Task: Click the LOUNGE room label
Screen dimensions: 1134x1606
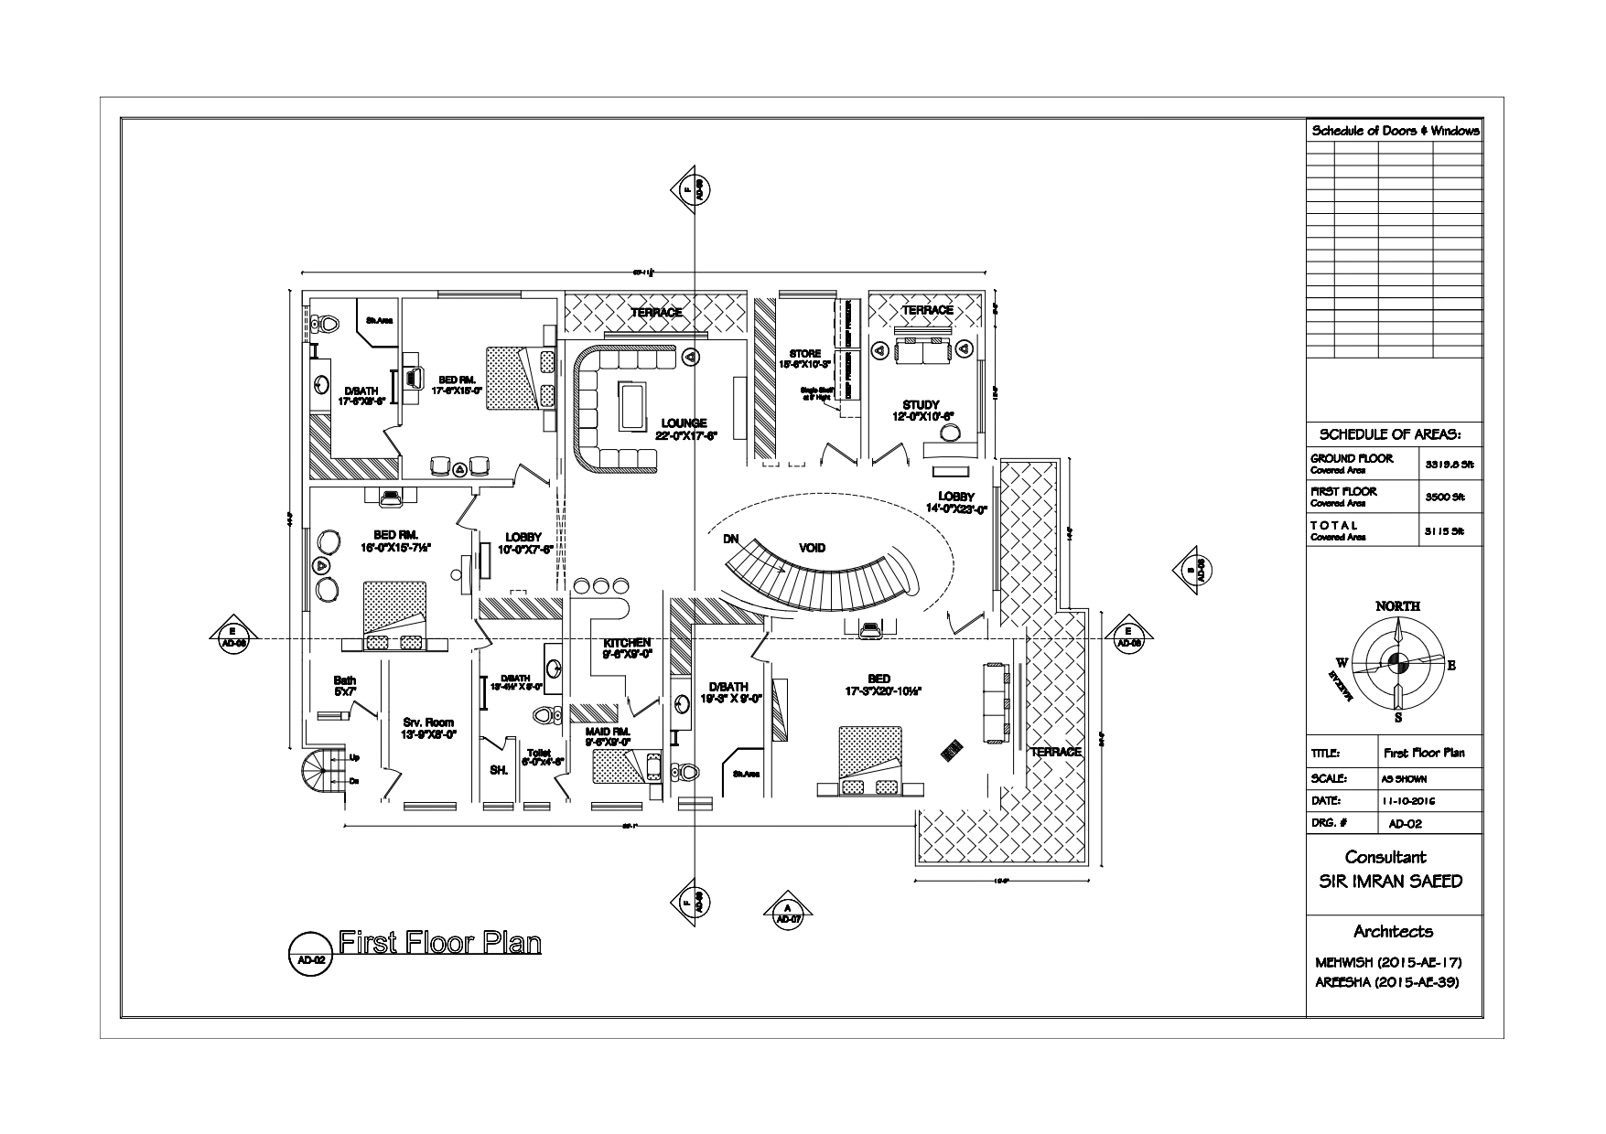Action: (x=684, y=423)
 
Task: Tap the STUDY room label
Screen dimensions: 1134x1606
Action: (x=920, y=404)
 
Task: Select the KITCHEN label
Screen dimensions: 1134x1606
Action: (x=627, y=643)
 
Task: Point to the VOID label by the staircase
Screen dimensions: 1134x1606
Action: (x=812, y=548)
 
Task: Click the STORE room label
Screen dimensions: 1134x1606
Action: (x=805, y=353)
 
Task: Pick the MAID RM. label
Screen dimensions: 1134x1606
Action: (x=608, y=732)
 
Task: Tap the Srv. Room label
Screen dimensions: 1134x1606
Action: (x=428, y=722)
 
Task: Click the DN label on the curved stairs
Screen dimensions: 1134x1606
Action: (x=730, y=540)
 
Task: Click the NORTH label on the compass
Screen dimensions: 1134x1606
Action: (x=1397, y=606)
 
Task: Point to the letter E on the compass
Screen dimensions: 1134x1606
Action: (x=1450, y=665)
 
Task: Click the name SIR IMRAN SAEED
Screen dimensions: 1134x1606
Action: (x=1396, y=882)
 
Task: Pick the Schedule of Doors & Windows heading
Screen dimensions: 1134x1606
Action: (x=1396, y=131)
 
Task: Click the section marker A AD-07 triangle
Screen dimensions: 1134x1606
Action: (x=787, y=911)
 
